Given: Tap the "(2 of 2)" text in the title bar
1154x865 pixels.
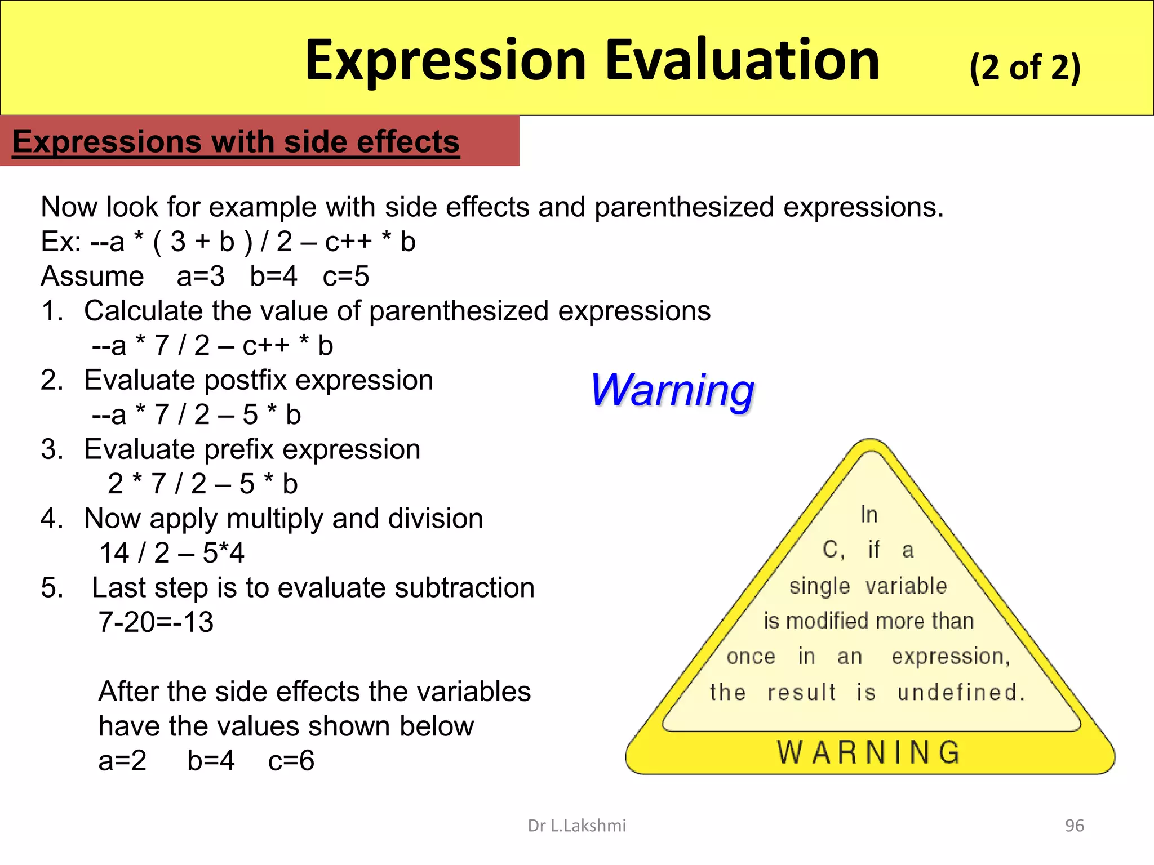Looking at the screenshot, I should click(1024, 68).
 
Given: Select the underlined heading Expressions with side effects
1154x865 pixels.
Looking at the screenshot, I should click(236, 141).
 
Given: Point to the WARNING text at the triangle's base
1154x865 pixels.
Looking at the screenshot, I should click(869, 752).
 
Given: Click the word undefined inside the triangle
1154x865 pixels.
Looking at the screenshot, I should click(960, 692).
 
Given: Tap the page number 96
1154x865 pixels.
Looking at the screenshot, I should click(1074, 826).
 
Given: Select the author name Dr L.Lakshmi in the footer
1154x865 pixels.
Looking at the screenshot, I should click(576, 826).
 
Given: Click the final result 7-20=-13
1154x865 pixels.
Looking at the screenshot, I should click(156, 622).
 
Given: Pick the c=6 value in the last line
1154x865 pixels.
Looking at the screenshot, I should click(291, 761).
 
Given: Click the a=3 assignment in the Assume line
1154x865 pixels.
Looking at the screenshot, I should click(201, 277).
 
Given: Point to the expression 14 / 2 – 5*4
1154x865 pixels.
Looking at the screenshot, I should click(172, 553).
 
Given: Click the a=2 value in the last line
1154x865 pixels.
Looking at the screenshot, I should click(122, 761).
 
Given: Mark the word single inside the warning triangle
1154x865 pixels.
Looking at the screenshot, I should click(819, 586).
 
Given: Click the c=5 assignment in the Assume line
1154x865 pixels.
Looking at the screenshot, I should click(346, 277).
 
